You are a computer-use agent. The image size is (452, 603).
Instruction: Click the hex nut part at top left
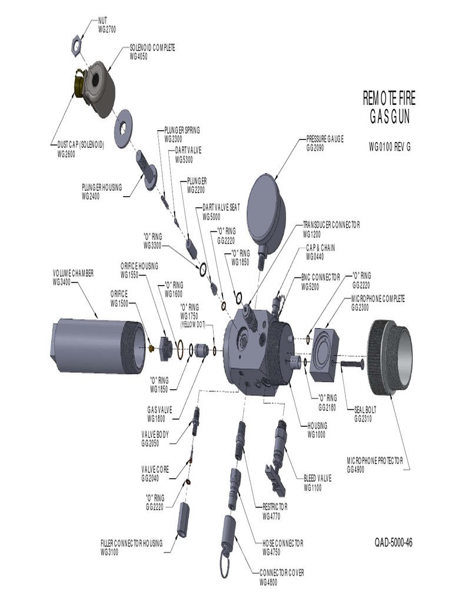(x=77, y=43)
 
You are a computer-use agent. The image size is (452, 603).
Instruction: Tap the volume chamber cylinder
(x=97, y=343)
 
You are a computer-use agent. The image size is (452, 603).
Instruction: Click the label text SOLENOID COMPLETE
(x=152, y=48)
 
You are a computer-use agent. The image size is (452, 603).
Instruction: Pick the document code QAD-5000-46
(x=393, y=543)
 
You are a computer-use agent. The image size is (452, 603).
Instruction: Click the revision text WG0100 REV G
(x=389, y=147)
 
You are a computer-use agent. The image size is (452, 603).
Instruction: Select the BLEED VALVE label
(x=317, y=479)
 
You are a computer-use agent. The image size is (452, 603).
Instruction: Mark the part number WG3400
(x=64, y=281)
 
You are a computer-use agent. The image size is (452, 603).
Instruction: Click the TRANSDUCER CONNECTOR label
(x=331, y=225)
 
